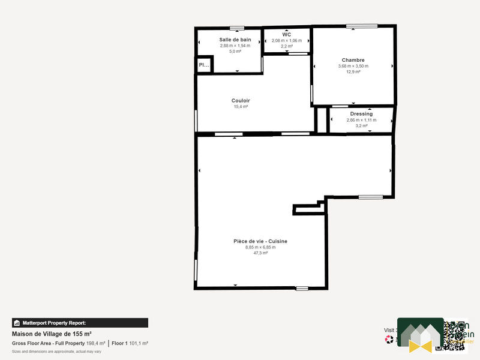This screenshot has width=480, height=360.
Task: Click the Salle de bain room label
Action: point(235,40)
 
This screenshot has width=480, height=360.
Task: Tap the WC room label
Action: point(286,35)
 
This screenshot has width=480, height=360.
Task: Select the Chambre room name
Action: point(353,60)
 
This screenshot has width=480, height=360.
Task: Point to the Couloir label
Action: point(241,100)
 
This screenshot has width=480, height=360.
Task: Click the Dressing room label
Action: point(361,113)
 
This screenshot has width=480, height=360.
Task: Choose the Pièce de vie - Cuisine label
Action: point(260,241)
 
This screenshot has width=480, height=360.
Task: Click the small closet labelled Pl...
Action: point(204,65)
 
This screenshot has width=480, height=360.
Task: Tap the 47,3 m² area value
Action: point(260,253)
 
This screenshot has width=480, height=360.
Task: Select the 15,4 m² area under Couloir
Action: point(241,107)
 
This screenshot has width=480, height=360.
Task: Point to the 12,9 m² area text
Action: point(353,72)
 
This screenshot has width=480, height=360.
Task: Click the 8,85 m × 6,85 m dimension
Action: point(260,247)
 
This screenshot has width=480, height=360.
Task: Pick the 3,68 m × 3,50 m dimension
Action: point(353,66)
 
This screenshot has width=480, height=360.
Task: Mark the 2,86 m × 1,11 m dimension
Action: point(361,120)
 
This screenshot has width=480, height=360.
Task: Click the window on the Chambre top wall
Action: point(361,26)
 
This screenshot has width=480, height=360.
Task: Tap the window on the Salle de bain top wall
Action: point(237,28)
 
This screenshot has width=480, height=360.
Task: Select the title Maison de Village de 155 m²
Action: point(52,334)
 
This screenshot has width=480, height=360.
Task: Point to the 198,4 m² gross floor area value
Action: point(95,343)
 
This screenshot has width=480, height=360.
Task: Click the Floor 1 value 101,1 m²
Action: point(138,343)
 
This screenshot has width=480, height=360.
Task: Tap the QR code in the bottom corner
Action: point(454,334)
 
